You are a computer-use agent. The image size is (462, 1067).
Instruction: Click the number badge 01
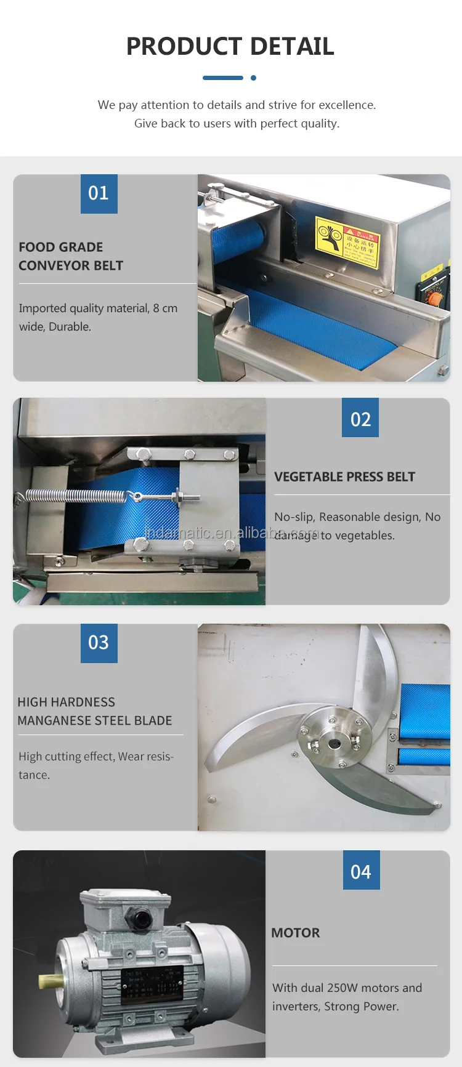coord(99,193)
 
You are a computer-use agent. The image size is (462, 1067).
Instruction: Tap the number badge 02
coord(360,419)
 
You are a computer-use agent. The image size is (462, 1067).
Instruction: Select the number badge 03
coord(99,643)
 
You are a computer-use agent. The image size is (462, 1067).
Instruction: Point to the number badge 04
coord(361,871)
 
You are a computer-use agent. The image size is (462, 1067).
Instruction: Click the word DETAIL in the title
coord(292,47)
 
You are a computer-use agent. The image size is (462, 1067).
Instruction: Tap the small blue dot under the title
coord(253,78)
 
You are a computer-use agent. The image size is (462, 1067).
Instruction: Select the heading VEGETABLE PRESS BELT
coord(344,477)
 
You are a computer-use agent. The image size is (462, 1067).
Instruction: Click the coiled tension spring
coord(75,495)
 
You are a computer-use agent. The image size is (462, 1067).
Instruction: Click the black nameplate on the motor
coord(152,983)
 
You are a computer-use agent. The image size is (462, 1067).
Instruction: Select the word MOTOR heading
coord(296,933)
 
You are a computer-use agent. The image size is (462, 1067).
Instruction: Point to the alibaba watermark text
coord(232,532)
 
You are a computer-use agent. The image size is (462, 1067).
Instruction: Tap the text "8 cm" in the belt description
coord(165,308)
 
